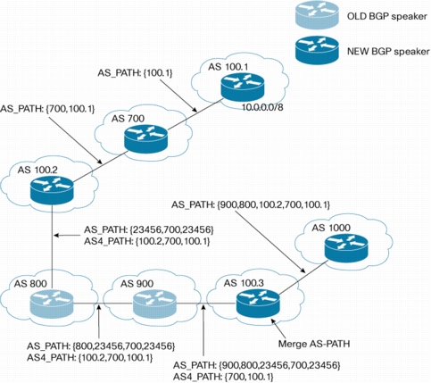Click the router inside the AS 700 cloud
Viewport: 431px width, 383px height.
click(x=146, y=139)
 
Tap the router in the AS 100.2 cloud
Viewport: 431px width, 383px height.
click(x=52, y=190)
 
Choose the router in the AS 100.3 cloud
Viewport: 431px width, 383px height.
click(x=258, y=304)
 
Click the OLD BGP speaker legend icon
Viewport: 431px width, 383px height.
click(x=317, y=15)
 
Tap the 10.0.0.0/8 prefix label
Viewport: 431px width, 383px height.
click(x=262, y=107)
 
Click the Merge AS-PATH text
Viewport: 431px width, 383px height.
click(x=314, y=344)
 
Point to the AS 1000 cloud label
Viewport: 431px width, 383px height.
click(x=331, y=228)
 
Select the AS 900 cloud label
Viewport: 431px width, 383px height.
click(x=137, y=284)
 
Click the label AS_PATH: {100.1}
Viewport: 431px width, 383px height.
click(x=135, y=73)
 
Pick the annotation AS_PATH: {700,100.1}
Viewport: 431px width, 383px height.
click(x=47, y=109)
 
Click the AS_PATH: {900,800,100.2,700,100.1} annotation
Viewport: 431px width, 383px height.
click(x=251, y=204)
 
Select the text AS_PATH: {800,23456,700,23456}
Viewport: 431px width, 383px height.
click(x=101, y=346)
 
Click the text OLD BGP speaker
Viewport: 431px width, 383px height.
click(x=387, y=16)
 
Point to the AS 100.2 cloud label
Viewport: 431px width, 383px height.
click(x=37, y=170)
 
